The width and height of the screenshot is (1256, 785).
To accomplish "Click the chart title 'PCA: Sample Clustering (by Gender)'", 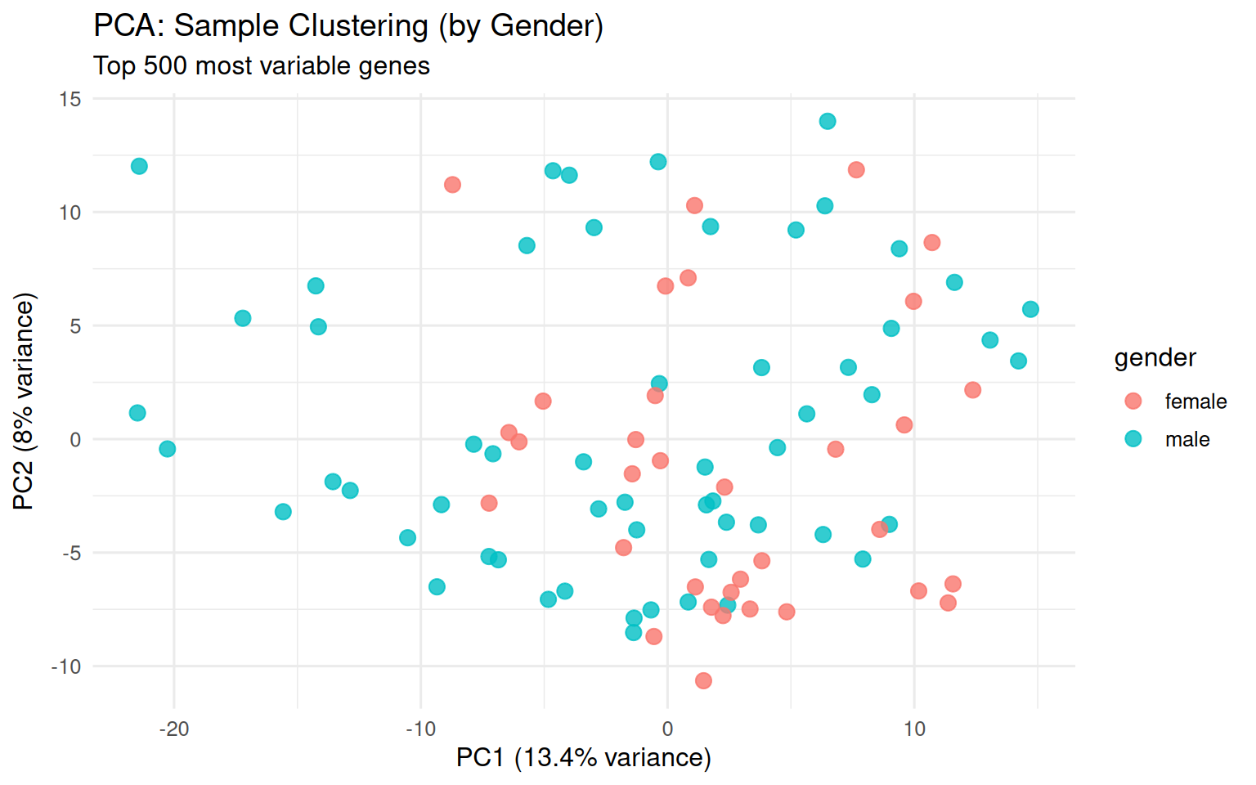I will click(348, 26).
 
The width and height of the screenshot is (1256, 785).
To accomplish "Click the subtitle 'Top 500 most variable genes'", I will click(262, 65).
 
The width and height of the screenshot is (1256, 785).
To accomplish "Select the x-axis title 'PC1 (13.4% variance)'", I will click(583, 757).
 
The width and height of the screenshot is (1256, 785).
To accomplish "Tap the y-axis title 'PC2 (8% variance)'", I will click(25, 401).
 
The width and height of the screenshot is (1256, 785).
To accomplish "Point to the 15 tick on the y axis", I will click(70, 99).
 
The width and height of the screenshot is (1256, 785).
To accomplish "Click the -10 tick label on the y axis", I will click(66, 666).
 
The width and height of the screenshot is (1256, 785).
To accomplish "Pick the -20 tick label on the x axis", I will click(173, 729).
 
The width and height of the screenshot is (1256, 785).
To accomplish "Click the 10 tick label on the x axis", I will click(914, 729).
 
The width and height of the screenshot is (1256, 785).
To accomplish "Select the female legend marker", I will click(1133, 401).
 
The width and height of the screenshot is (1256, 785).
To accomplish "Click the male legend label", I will click(1187, 439).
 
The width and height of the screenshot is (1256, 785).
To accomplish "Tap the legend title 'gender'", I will click(1155, 357).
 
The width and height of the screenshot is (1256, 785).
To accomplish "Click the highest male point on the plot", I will click(828, 121).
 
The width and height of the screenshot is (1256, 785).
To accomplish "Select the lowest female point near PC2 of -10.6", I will click(703, 680).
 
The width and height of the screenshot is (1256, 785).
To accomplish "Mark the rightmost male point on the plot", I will click(1030, 309).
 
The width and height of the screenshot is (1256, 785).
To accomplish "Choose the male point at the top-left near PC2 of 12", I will click(139, 166).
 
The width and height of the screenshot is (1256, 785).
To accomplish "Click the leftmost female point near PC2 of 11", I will click(452, 185).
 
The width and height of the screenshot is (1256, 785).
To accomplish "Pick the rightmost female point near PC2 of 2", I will click(972, 390).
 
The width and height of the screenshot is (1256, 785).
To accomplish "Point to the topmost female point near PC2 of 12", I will click(856, 170).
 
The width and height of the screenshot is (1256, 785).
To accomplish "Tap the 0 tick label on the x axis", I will click(667, 729).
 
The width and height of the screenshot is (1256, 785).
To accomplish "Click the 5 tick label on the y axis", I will click(75, 326).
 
